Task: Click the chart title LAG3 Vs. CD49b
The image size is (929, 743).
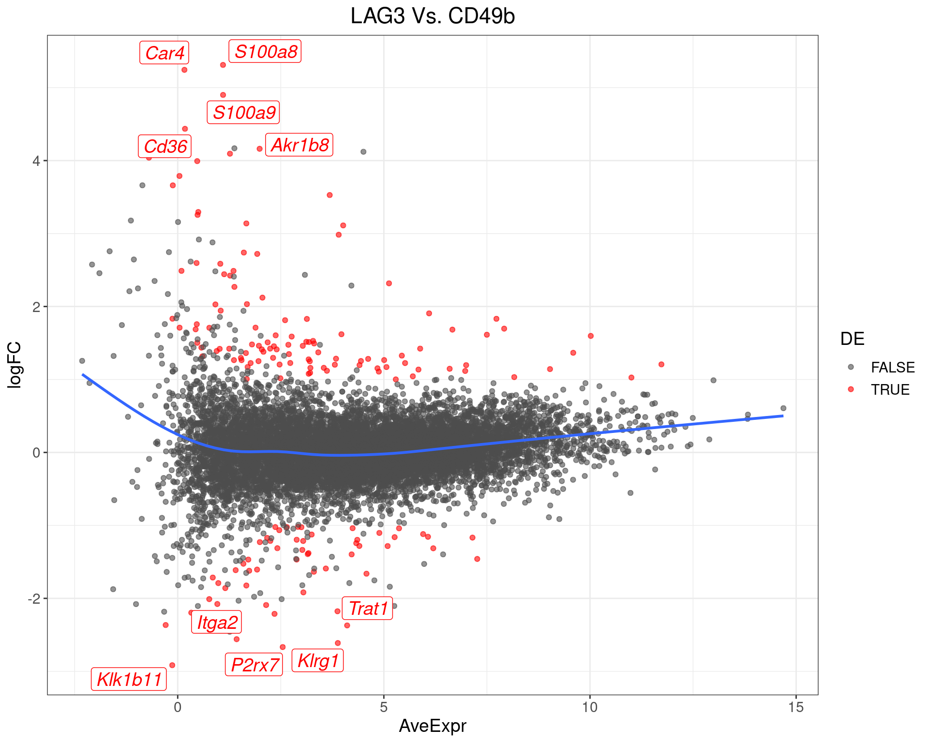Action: coord(433,16)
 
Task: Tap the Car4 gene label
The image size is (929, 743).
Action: coord(165,53)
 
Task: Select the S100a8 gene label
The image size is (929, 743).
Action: coord(265,51)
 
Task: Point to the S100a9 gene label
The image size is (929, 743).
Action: coord(244,113)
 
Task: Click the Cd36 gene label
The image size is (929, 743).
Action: coord(165,146)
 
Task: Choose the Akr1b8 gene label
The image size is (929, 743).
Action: coord(300,145)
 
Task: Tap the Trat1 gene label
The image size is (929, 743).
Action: coord(368,609)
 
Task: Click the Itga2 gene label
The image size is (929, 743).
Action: coord(217,623)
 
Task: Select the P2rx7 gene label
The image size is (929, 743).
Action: coord(255,665)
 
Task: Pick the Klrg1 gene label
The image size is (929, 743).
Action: coord(318,661)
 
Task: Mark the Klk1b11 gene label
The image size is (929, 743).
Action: coord(129,680)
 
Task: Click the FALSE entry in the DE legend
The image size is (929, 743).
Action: coord(892,368)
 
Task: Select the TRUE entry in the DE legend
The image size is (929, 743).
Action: coord(890,390)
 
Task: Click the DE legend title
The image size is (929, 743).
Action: coord(852,339)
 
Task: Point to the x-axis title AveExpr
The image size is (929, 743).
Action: coord(433,726)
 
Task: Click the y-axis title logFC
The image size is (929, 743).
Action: coord(15,365)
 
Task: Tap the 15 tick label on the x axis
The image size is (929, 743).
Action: coord(796,707)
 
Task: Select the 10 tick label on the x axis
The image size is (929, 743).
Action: coord(590,707)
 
